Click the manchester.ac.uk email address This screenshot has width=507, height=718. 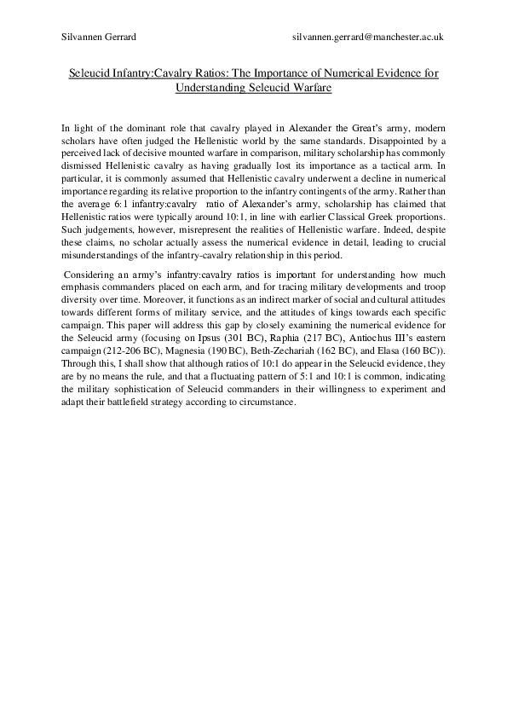[x=366, y=38]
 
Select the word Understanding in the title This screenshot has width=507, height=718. [x=211, y=87]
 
